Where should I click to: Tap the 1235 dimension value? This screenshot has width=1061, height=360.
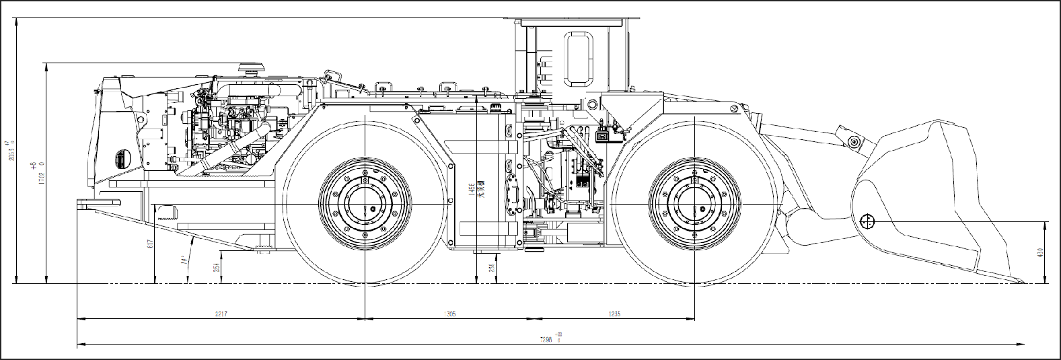tap(614, 314)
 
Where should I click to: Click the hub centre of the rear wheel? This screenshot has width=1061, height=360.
tap(365, 204)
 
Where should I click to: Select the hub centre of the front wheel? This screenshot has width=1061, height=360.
tap(694, 204)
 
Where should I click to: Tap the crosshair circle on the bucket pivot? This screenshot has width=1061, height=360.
tap(867, 221)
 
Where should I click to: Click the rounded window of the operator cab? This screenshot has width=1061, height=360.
tap(579, 61)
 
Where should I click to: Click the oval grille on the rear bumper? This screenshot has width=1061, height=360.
tap(121, 158)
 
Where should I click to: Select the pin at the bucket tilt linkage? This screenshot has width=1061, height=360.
tap(854, 142)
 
